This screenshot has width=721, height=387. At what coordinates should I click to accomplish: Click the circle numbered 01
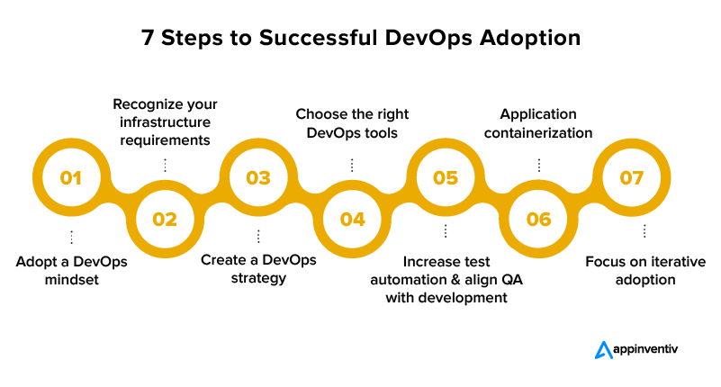(x=71, y=177)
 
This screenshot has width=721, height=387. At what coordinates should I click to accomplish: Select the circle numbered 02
(x=165, y=219)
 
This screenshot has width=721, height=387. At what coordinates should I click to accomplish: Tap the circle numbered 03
(x=258, y=177)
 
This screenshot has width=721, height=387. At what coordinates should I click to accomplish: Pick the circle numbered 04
(x=353, y=219)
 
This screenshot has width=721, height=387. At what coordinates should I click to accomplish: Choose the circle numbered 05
(x=446, y=177)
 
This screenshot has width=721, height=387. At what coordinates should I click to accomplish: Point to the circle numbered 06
(x=539, y=219)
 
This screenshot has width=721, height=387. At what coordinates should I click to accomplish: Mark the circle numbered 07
(x=633, y=177)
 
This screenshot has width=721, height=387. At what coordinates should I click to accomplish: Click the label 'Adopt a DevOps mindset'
(x=72, y=271)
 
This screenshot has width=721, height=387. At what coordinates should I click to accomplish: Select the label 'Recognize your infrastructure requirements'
(x=165, y=122)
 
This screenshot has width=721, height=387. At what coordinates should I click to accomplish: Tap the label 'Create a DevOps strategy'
(x=258, y=268)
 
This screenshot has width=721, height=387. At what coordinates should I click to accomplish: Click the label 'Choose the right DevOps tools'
(x=353, y=123)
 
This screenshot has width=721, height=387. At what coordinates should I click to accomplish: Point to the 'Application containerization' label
(x=539, y=123)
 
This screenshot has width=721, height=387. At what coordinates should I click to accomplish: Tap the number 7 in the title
(x=147, y=38)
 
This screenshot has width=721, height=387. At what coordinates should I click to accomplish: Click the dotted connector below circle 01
(x=71, y=237)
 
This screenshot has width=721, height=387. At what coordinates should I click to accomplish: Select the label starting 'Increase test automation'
(x=446, y=279)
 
